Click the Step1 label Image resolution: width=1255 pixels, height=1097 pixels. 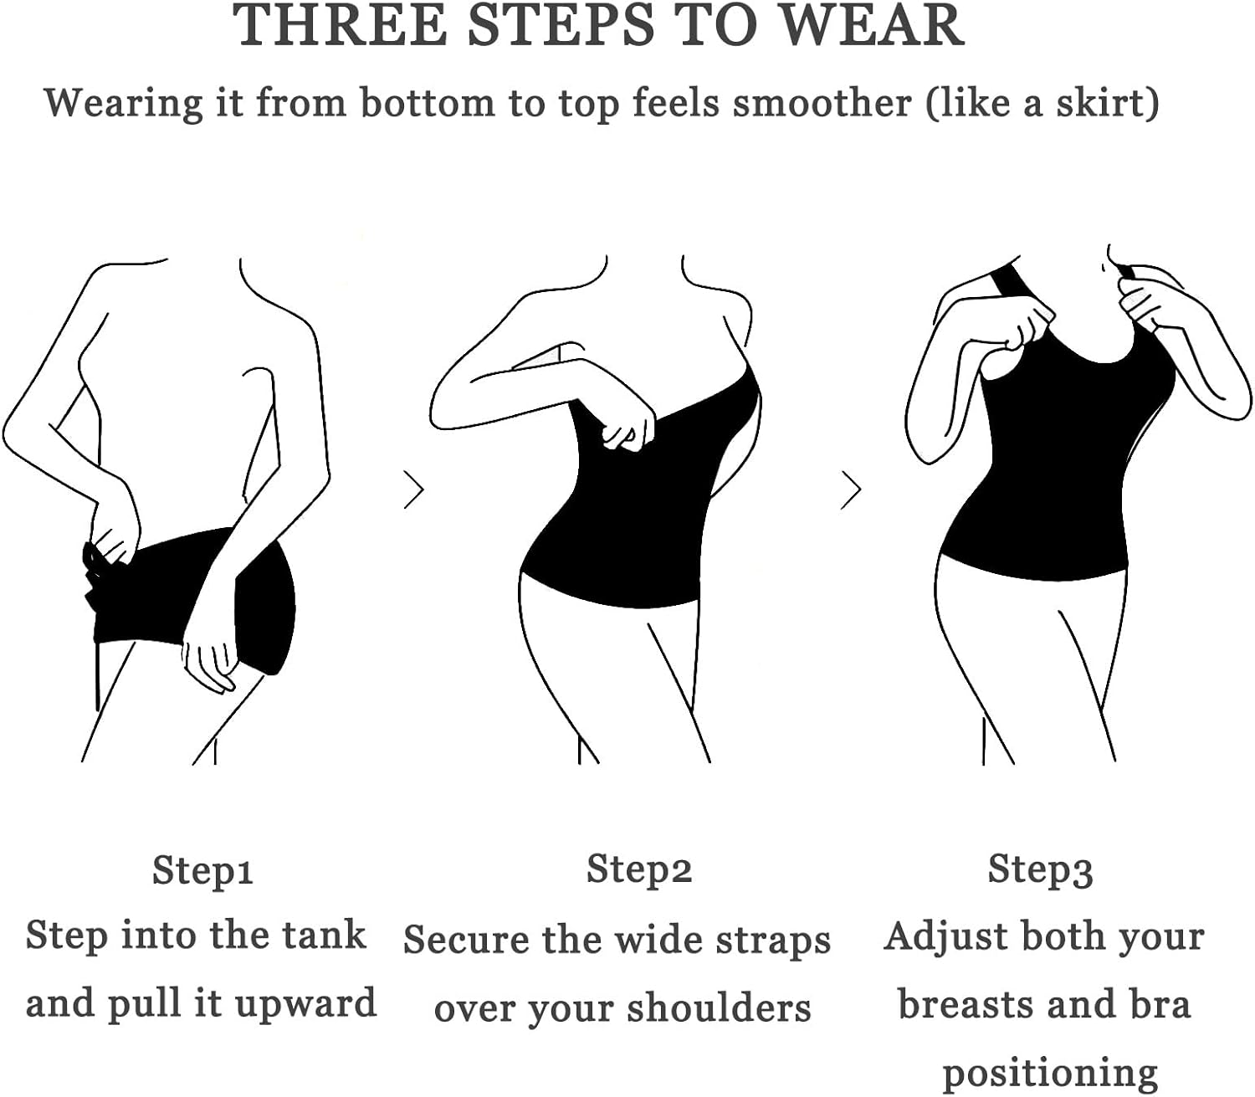pyautogui.click(x=202, y=870)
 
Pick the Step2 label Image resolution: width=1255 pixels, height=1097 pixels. pyautogui.click(x=639, y=869)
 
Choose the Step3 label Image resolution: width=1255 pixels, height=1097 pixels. pyautogui.click(x=1040, y=870)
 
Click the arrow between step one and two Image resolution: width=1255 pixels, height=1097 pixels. pyautogui.click(x=414, y=490)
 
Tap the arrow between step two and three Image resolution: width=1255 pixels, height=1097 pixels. pyautogui.click(x=851, y=490)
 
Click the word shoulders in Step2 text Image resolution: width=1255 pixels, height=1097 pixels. pyautogui.click(x=719, y=1007)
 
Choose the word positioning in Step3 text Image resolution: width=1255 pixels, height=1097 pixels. pyautogui.click(x=1050, y=1072)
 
